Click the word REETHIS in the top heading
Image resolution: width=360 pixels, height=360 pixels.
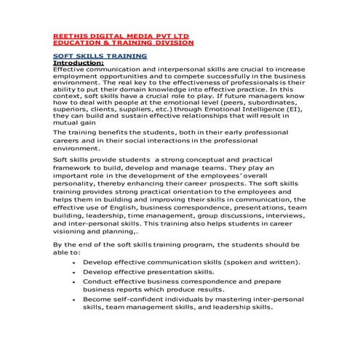(69, 35)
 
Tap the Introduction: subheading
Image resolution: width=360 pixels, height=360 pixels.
(79, 63)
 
